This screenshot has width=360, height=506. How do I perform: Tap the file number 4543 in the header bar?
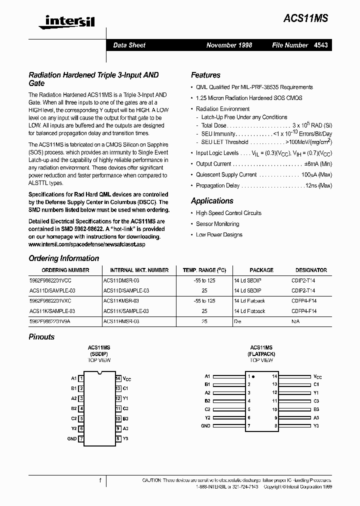click(x=321, y=45)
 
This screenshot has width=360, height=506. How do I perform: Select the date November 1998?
click(x=229, y=45)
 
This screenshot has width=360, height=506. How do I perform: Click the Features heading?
click(x=205, y=75)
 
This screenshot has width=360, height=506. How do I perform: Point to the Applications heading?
click(x=212, y=200)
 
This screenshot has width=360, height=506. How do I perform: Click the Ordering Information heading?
click(x=64, y=258)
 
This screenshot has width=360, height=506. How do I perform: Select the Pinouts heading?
click(x=41, y=336)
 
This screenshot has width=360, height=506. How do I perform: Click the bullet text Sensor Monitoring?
click(x=217, y=224)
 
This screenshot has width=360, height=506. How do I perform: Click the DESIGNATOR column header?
click(x=311, y=270)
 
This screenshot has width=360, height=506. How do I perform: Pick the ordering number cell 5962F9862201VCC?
click(x=50, y=280)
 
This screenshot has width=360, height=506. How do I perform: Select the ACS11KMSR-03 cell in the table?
click(x=121, y=301)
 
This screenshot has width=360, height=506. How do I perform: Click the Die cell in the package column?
click(x=237, y=321)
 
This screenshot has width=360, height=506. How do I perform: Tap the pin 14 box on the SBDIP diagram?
click(x=118, y=378)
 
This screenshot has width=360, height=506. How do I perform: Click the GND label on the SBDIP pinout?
click(x=71, y=438)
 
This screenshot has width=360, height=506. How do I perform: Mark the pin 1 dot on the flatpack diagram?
click(x=253, y=376)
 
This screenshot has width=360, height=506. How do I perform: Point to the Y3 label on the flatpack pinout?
click(x=316, y=425)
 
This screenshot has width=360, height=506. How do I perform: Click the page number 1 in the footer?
click(x=100, y=480)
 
